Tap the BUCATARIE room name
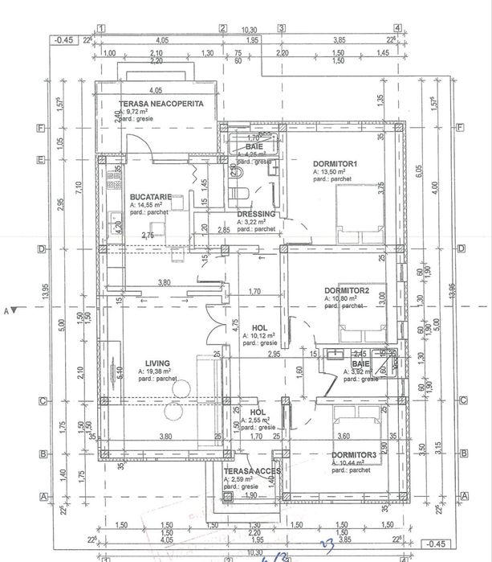tap(150, 195)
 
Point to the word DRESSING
tap(256, 214)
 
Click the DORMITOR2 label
tap(346, 289)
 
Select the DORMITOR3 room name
tap(354, 455)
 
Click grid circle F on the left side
tap(39, 127)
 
